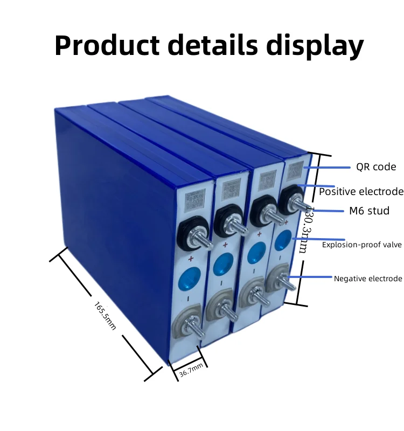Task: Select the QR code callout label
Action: [376, 167]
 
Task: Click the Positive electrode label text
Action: [361, 192]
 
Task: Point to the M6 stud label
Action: [369, 211]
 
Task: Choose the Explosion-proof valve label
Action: [362, 245]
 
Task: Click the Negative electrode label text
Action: [368, 279]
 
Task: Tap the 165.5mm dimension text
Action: [105, 316]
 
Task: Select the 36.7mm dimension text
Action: [191, 370]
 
